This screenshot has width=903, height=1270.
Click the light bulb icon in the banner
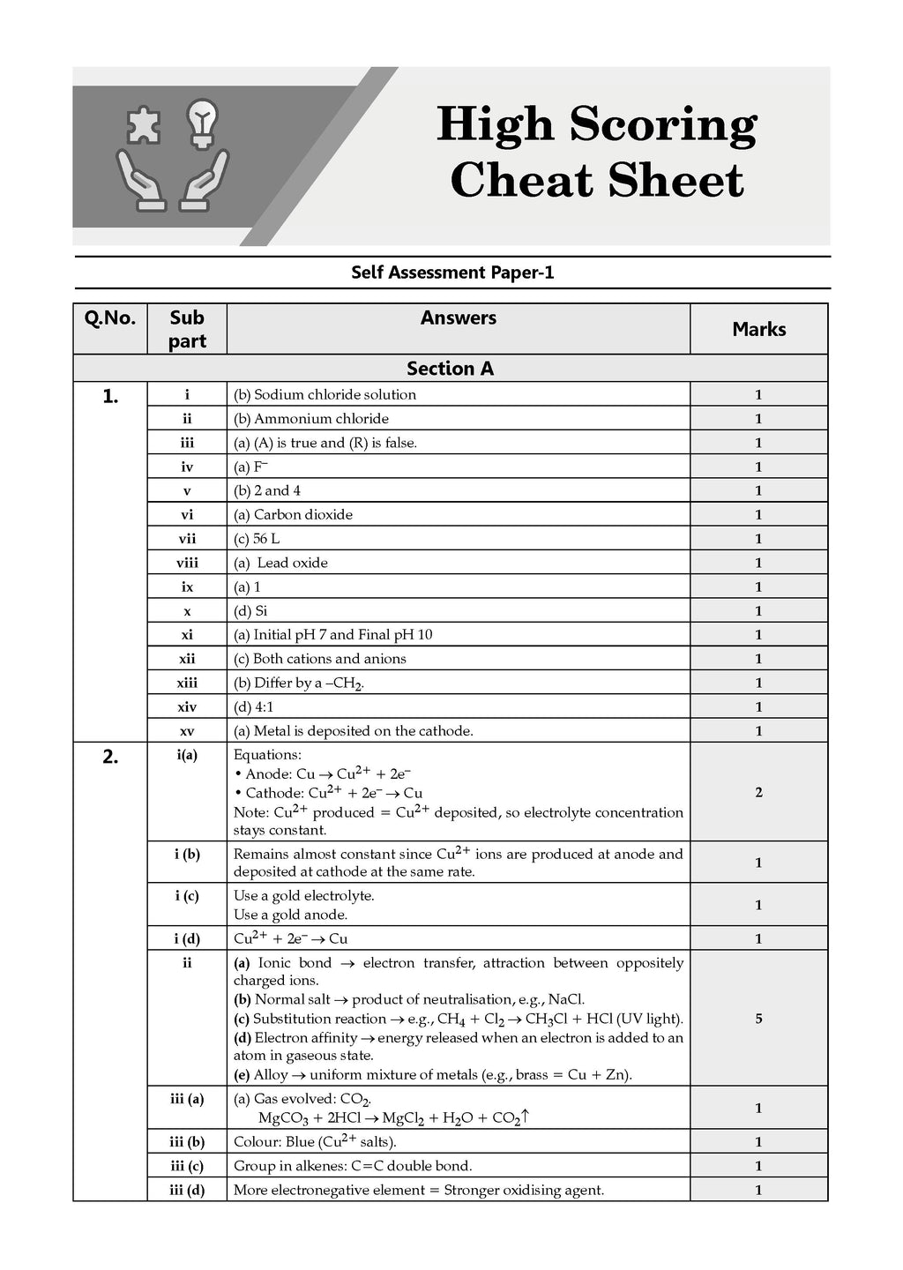pyautogui.click(x=205, y=123)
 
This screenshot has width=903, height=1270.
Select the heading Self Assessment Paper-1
pyautogui.click(x=452, y=273)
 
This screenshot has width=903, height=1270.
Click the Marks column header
pyautogui.click(x=758, y=329)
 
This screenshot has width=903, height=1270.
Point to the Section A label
pyautogui.click(x=450, y=369)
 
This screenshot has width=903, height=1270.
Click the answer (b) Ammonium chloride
pyautogui.click(x=310, y=419)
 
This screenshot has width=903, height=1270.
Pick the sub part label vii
pyautogui.click(x=187, y=539)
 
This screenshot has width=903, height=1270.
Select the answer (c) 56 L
pyautogui.click(x=257, y=539)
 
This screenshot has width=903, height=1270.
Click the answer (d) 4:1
pyautogui.click(x=253, y=706)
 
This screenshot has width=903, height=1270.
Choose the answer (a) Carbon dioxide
pyautogui.click(x=293, y=514)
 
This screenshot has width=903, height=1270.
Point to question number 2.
pyautogui.click(x=110, y=757)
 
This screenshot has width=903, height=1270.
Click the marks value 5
pyautogui.click(x=758, y=1019)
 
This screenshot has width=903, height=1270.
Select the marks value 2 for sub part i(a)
pyautogui.click(x=758, y=792)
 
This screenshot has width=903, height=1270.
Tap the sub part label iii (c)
pyautogui.click(x=187, y=1166)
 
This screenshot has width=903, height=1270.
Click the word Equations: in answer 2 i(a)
pyautogui.click(x=267, y=755)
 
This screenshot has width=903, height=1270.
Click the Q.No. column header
pyautogui.click(x=110, y=318)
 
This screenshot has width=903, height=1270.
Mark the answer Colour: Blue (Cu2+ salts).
pyautogui.click(x=315, y=1141)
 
